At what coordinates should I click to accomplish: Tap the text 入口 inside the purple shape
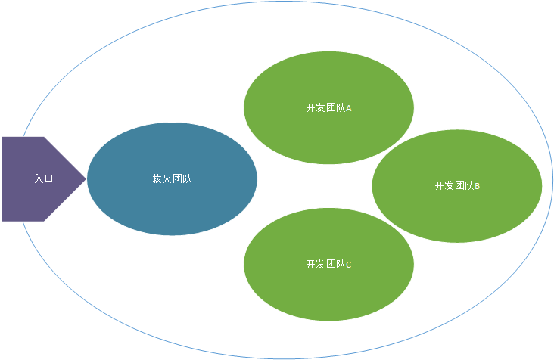point(44,179)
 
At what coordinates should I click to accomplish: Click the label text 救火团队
point(172,179)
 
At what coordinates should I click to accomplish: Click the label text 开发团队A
point(328,107)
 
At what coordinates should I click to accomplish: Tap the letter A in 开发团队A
point(349,107)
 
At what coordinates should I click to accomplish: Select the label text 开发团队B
point(456,185)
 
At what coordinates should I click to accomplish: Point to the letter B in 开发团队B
point(478,185)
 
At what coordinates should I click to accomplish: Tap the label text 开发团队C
point(328,264)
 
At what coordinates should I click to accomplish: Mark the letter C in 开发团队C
point(349,264)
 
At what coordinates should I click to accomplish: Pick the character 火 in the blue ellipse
point(167,179)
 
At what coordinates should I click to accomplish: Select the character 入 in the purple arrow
point(39,179)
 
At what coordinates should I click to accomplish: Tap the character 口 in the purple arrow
point(49,179)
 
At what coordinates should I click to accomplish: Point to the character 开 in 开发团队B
point(440,185)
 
